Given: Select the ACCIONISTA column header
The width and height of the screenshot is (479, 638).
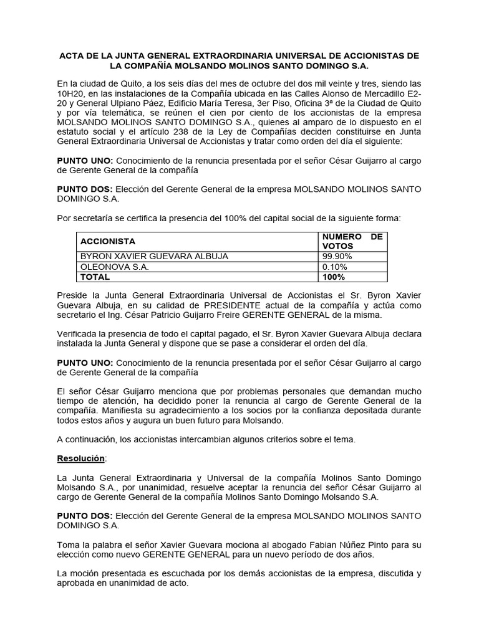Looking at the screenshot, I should (107, 241).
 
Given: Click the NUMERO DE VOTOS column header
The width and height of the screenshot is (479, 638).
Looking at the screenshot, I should (352, 241).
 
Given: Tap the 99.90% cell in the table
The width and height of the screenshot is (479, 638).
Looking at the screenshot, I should (337, 256).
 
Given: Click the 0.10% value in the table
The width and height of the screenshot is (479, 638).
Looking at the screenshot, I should (335, 267).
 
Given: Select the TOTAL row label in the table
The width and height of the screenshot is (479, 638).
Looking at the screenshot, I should (95, 277).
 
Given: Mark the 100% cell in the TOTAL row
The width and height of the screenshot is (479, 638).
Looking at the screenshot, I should (334, 277).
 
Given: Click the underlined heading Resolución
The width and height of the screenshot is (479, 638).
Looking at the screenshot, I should (81, 458).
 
